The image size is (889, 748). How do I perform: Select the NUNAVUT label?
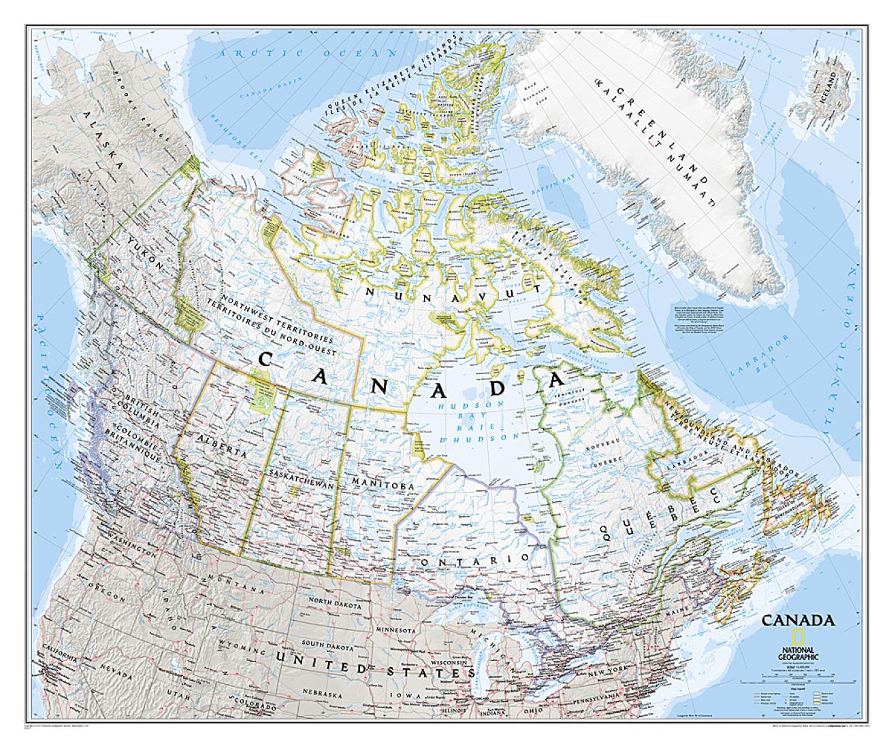[453, 290]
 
